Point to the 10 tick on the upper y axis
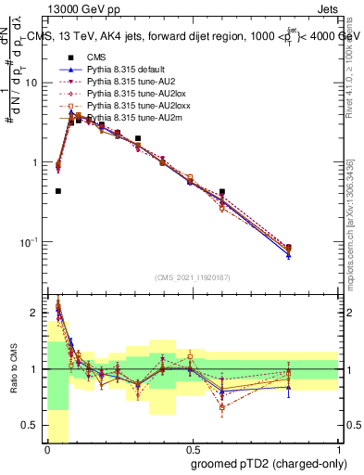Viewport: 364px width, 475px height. point(36,83)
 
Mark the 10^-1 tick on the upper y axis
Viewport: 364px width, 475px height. point(33,242)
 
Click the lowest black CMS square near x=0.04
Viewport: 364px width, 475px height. point(58,191)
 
